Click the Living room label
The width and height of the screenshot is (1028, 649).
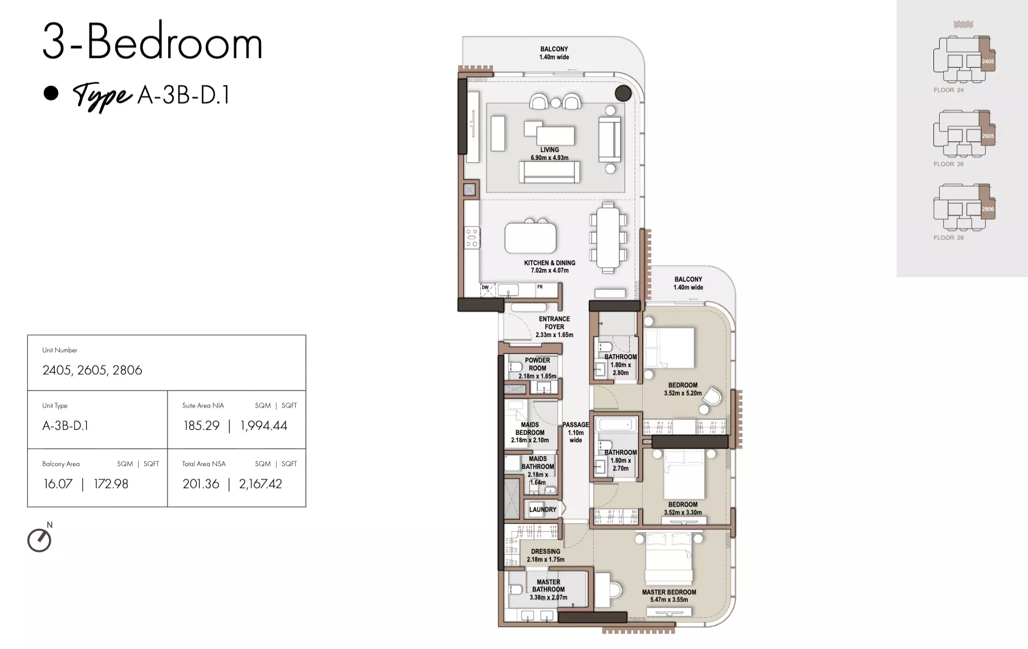pyautogui.click(x=549, y=154)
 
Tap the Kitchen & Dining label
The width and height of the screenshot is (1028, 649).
pyautogui.click(x=550, y=266)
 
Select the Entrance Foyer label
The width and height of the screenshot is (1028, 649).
pyautogui.click(x=554, y=327)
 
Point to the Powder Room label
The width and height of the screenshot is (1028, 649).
pyautogui.click(x=537, y=368)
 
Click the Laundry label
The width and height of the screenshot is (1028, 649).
pyautogui.click(x=542, y=510)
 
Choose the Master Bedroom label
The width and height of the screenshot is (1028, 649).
pyautogui.click(x=669, y=595)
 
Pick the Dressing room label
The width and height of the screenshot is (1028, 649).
pyautogui.click(x=546, y=555)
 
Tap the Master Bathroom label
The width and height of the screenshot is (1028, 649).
pyautogui.click(x=548, y=590)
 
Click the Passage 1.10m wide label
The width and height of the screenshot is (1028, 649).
pyautogui.click(x=576, y=432)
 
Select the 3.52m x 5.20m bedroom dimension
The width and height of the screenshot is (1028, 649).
pyautogui.click(x=683, y=393)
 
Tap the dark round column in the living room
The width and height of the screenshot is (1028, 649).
pyautogui.click(x=623, y=93)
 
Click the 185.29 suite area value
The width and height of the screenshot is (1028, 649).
pyautogui.click(x=201, y=425)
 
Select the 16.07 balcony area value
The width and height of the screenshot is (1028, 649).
pyautogui.click(x=58, y=484)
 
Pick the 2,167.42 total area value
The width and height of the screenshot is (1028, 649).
pyautogui.click(x=260, y=484)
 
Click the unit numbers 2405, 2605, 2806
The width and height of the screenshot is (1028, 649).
pyautogui.click(x=92, y=370)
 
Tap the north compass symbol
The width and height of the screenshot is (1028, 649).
pyautogui.click(x=39, y=540)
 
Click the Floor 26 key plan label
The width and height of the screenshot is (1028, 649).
pyautogui.click(x=949, y=164)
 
